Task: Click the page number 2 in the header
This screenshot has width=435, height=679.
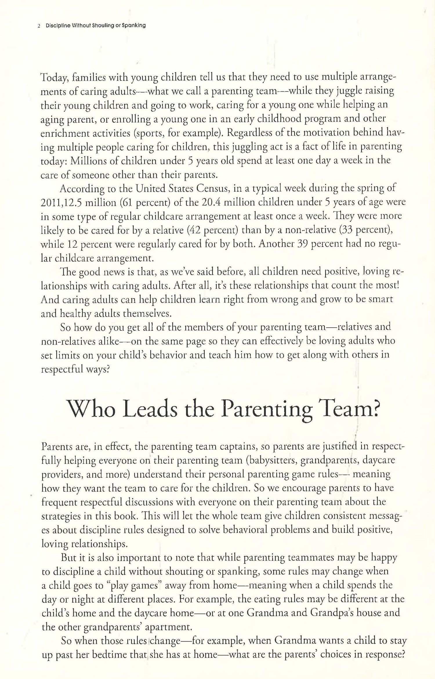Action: click(x=39, y=26)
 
